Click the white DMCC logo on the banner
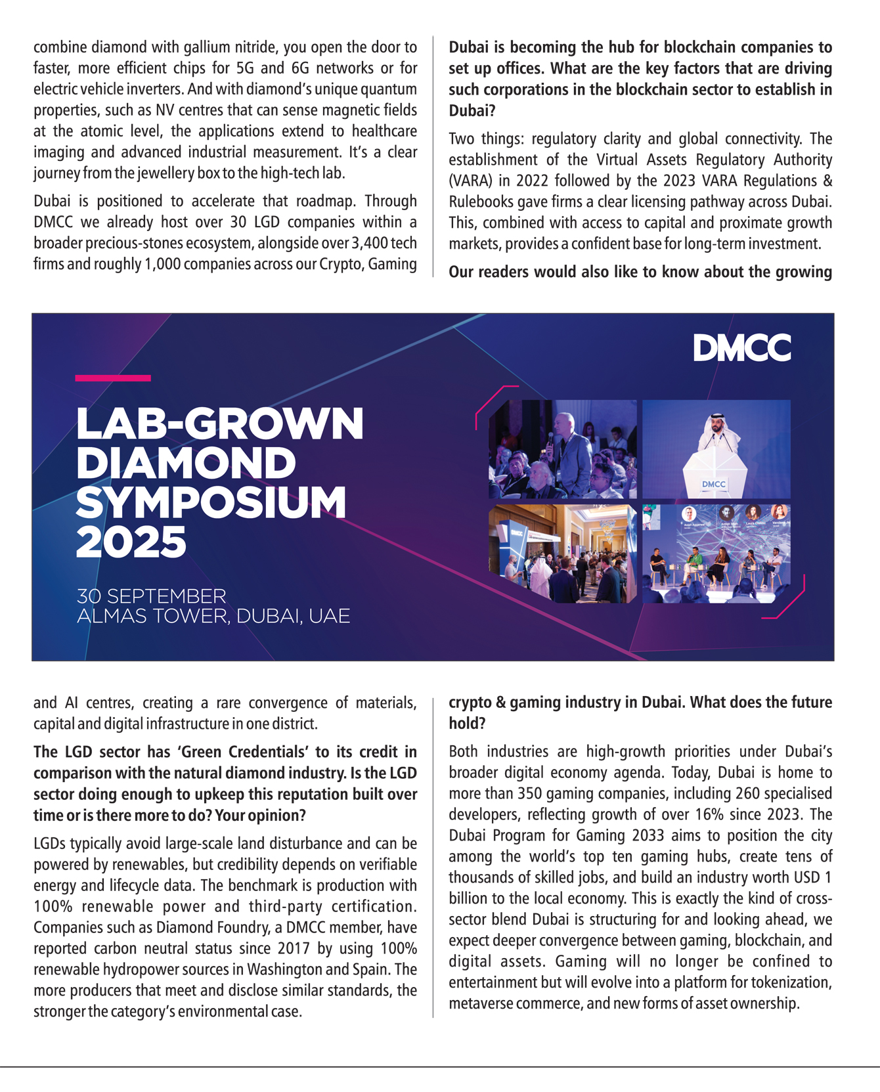[742, 348]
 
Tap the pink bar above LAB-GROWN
[113, 378]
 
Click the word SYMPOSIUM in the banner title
[211, 502]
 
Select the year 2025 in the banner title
[131, 542]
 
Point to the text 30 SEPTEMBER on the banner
[151, 596]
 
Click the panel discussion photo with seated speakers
[716, 554]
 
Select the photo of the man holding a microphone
[563, 448]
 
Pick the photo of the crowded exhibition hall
[563, 554]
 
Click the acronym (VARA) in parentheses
[469, 181]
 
